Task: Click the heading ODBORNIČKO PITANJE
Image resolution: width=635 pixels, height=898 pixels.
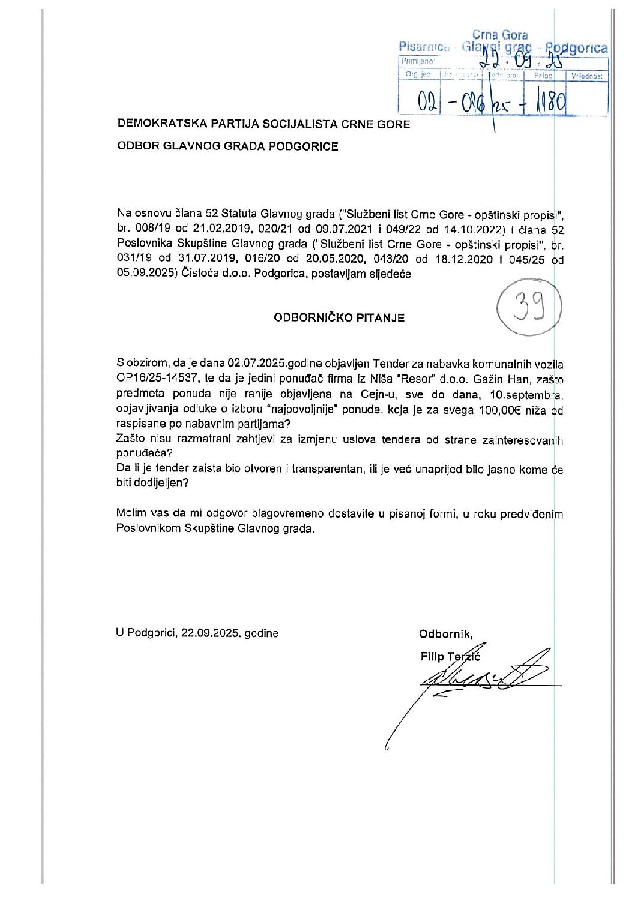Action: [339, 318]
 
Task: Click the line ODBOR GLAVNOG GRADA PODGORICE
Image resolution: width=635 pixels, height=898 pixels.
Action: [228, 146]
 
